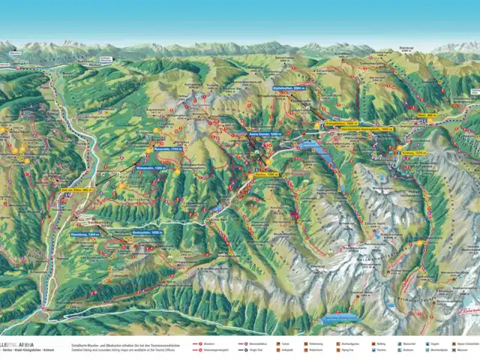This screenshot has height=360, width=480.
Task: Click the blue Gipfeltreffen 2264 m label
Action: coord(288,88)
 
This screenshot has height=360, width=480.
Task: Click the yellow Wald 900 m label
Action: coord(448,115)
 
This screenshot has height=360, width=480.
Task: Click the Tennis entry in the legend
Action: coord(290,341)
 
